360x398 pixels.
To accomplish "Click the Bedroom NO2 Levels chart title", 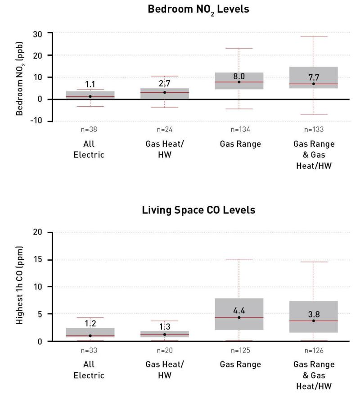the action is (x=198, y=9).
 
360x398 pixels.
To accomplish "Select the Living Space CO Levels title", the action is (x=198, y=210).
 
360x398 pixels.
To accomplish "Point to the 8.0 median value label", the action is (x=239, y=76).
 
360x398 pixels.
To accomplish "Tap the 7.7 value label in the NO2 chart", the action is (x=314, y=77).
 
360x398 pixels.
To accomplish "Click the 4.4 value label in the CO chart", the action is (x=239, y=310).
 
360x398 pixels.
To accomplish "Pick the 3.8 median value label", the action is (x=314, y=314).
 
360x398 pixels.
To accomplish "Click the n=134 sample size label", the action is (x=240, y=130).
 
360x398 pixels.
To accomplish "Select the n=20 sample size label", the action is (x=165, y=350).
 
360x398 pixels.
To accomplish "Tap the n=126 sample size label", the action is (x=314, y=350).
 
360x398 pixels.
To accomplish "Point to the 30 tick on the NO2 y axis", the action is (x=37, y=34).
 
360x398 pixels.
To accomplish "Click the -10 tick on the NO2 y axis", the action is (x=36, y=120).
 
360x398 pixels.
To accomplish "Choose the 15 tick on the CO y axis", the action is (x=37, y=259).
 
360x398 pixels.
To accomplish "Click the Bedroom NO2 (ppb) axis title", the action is (x=19, y=79).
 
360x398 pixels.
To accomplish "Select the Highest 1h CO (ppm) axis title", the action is (x=19, y=285).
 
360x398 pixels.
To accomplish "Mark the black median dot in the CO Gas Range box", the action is (x=239, y=317).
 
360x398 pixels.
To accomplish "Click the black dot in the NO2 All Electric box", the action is (x=90, y=96).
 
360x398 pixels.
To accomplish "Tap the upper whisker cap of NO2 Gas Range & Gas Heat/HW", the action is (x=314, y=36).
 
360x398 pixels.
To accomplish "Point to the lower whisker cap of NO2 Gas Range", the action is (x=239, y=109).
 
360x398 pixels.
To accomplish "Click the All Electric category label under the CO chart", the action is (x=89, y=370).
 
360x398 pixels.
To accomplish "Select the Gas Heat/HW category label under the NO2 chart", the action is (x=165, y=149).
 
